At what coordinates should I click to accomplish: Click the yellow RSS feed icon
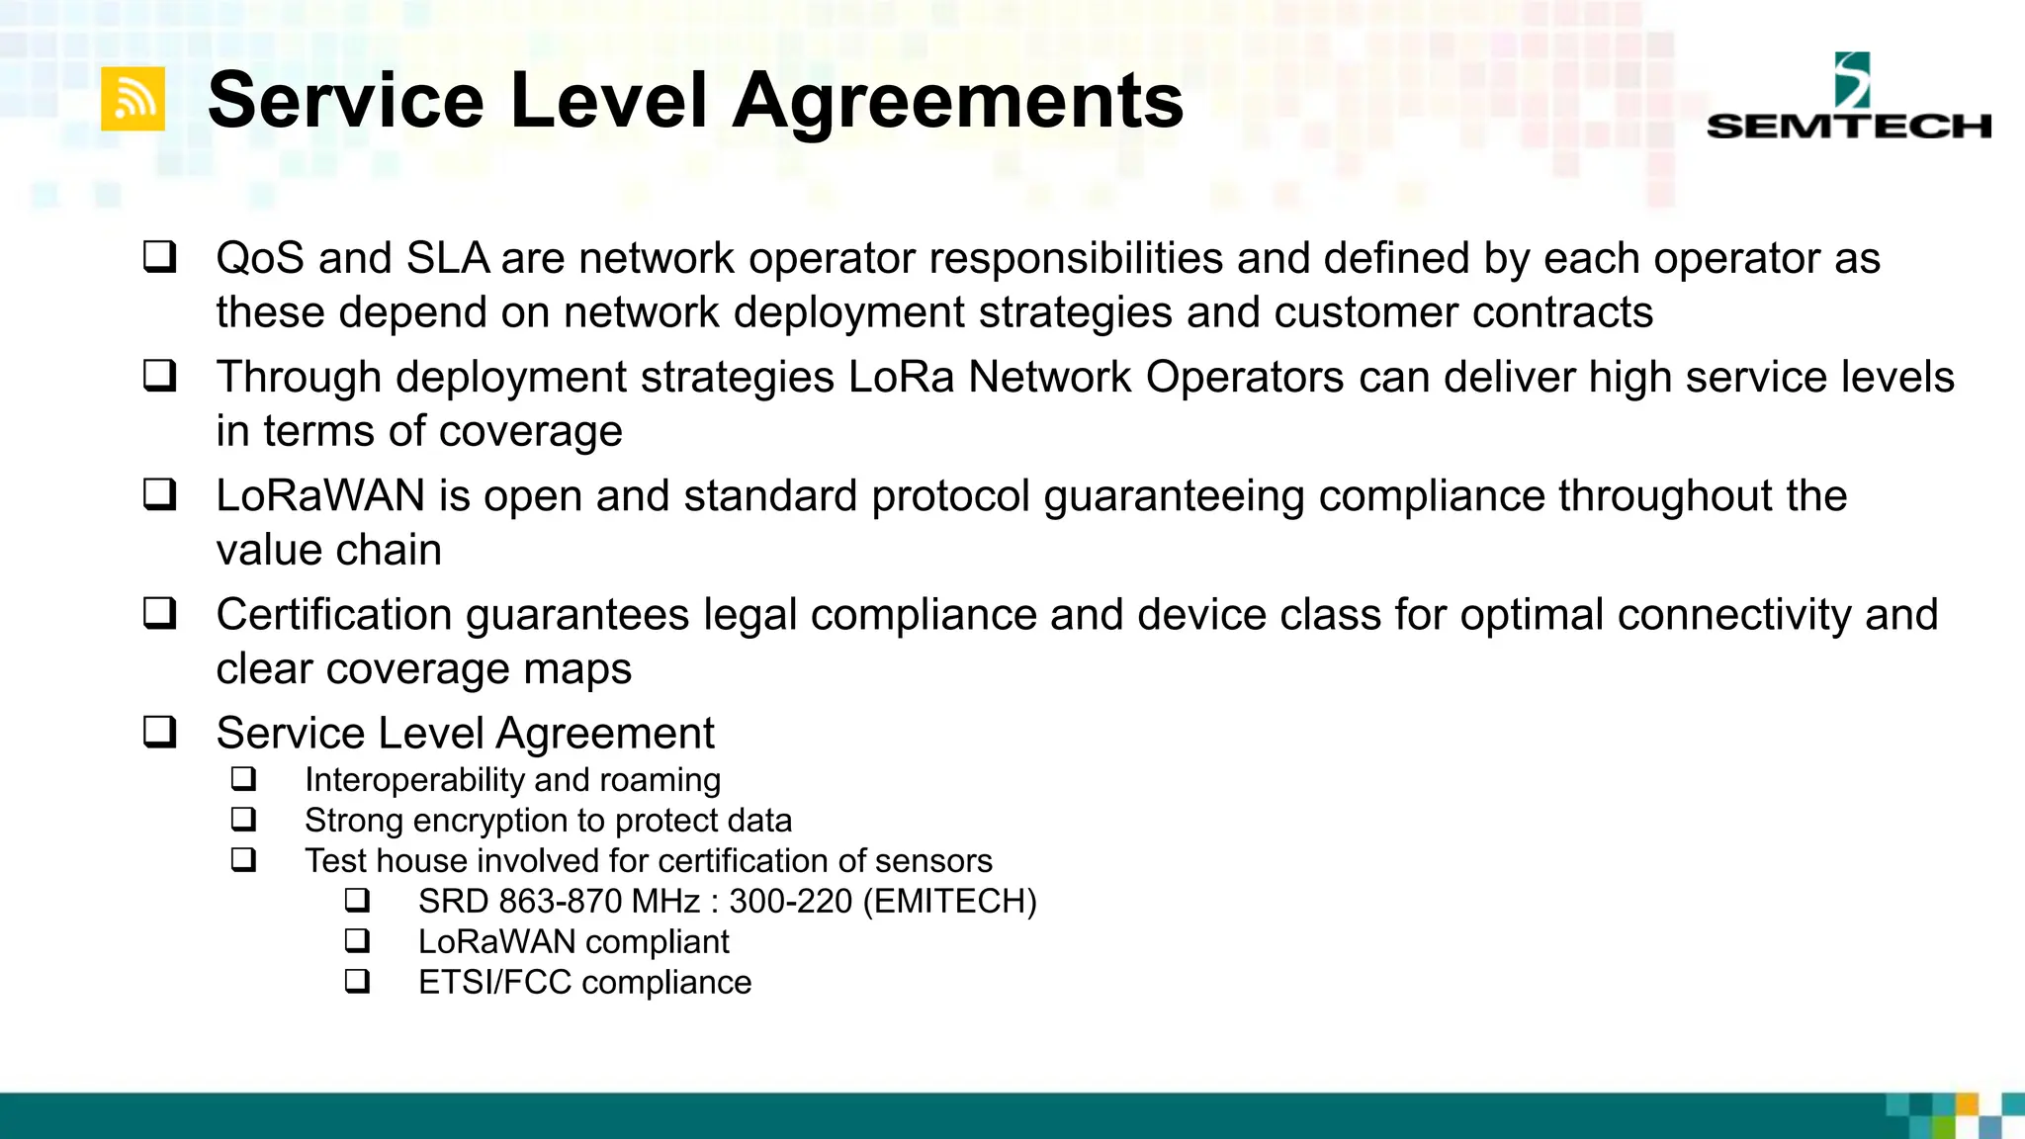133,99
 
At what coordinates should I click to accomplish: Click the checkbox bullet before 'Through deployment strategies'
160,376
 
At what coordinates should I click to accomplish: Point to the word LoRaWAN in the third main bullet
320,496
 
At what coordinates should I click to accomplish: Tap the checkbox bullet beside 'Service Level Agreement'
160,732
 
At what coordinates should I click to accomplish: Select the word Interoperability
413,780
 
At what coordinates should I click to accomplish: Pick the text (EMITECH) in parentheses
950,902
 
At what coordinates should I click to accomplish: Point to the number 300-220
791,902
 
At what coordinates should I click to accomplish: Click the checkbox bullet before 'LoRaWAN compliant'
357,940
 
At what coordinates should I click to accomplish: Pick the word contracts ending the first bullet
1562,313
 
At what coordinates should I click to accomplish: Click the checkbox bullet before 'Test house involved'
244,859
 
